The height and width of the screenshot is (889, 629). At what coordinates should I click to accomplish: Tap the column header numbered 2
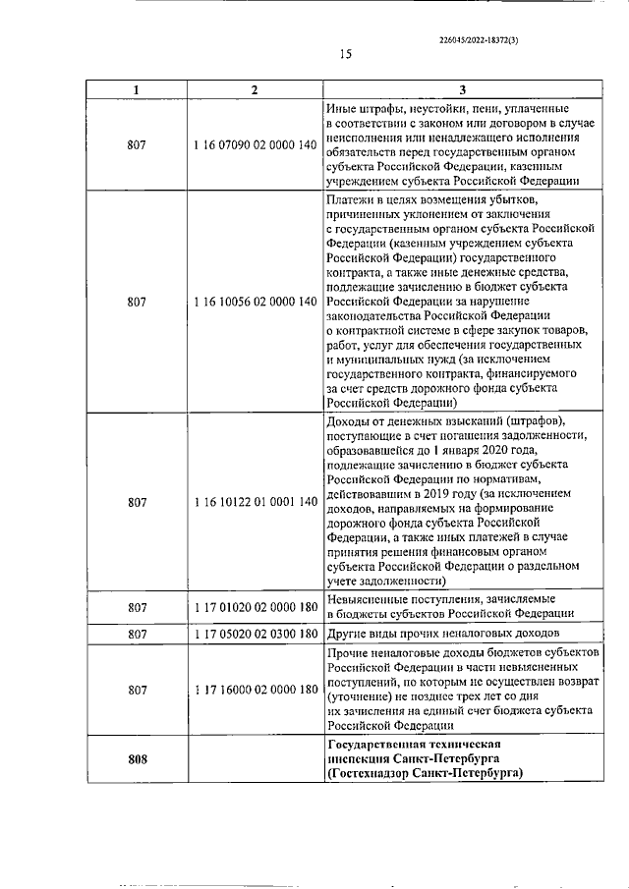pyautogui.click(x=255, y=90)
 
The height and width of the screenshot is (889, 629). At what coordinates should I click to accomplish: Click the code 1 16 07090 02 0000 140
pyautogui.click(x=256, y=145)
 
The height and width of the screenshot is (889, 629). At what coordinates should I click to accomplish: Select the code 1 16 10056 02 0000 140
pyautogui.click(x=256, y=302)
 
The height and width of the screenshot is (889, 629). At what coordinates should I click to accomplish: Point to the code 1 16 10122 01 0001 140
pyautogui.click(x=256, y=502)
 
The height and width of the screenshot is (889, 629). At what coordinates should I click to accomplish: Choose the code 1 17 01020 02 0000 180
pyautogui.click(x=256, y=607)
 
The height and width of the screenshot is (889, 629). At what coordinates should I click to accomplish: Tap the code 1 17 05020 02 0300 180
pyautogui.click(x=256, y=635)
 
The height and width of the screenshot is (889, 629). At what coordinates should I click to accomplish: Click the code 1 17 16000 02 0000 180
pyautogui.click(x=256, y=690)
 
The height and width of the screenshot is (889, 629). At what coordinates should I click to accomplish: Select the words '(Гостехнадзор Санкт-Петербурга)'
pyautogui.click(x=425, y=773)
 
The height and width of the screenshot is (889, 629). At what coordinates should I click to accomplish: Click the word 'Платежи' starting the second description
pyautogui.click(x=350, y=201)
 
